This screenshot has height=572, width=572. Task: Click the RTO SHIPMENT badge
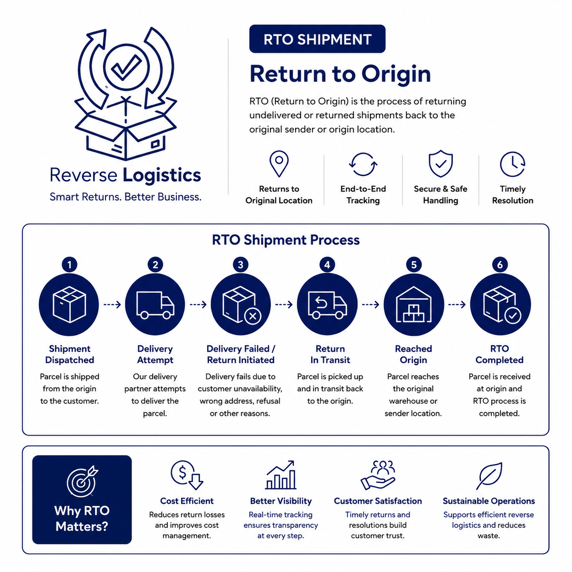point(317,39)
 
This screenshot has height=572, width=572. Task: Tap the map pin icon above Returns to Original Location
point(279,164)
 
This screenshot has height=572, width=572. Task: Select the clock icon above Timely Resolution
point(512,164)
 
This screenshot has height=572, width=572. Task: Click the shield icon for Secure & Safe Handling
point(441,164)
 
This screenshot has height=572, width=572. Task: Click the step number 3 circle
point(240,265)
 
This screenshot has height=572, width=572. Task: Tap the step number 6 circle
point(499,265)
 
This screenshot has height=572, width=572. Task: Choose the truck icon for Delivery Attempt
point(155,305)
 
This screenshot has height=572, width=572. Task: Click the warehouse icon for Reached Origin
point(413,305)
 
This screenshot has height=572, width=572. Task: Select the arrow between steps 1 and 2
point(112,304)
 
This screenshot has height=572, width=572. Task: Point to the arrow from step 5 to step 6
point(457,304)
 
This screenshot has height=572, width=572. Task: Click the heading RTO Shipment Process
point(286,240)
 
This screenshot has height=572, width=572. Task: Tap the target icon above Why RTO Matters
point(82,481)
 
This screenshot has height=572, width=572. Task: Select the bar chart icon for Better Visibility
point(281,475)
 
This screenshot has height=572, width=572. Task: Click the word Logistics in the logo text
point(162,175)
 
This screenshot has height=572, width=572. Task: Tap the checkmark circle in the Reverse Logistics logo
point(126,68)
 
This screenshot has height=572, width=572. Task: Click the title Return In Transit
point(330,354)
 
